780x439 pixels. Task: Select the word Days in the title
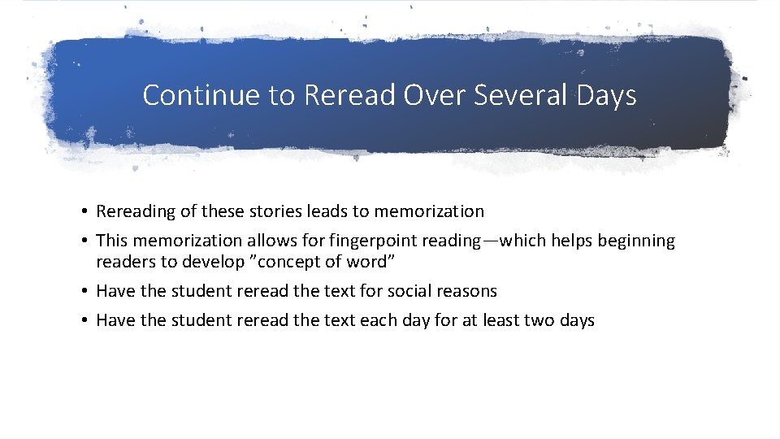(607, 95)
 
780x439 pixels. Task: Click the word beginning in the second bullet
(638, 241)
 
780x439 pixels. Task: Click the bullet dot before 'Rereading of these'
(84, 212)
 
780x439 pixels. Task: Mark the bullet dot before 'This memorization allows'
(84, 241)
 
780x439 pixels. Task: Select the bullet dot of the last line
(84, 321)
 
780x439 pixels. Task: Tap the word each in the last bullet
(377, 320)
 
